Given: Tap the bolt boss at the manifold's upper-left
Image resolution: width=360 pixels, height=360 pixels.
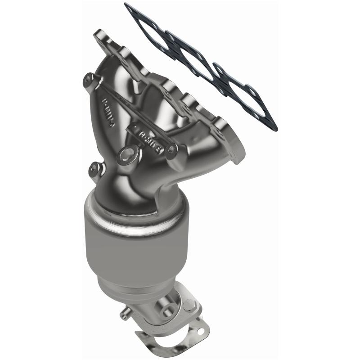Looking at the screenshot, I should pos(88,80).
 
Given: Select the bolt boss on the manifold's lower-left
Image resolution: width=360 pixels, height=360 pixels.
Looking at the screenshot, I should pos(94,168).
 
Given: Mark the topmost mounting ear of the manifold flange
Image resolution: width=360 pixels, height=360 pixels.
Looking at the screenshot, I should pos(102,35).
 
